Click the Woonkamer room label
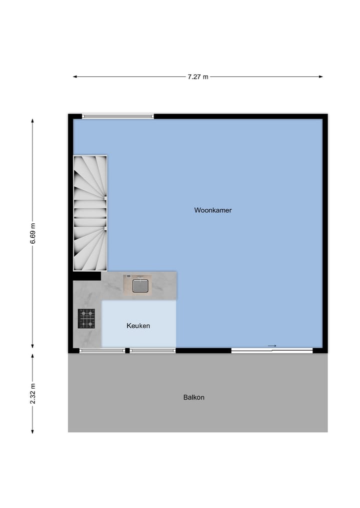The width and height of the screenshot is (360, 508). [x=212, y=210]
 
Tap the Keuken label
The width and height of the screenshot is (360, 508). [x=138, y=326]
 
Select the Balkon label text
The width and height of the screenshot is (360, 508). [x=193, y=398]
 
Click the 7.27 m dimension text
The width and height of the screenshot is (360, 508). [x=198, y=77]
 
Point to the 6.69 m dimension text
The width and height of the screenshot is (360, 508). [x=32, y=233]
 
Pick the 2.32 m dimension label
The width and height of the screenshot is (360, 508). [x=32, y=393]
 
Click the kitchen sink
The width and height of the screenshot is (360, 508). [x=140, y=286]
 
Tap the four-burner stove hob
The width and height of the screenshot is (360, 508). [x=86, y=319]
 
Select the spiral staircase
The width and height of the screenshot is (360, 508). [x=90, y=213]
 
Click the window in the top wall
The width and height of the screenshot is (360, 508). [x=118, y=116]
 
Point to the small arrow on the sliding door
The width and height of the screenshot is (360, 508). [x=272, y=346]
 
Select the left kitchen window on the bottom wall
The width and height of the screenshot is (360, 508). [x=102, y=351]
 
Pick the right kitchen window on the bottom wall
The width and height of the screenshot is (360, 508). [x=152, y=351]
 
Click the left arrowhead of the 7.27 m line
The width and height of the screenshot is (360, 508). [x=75, y=77]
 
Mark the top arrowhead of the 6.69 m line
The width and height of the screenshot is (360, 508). [x=32, y=121]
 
